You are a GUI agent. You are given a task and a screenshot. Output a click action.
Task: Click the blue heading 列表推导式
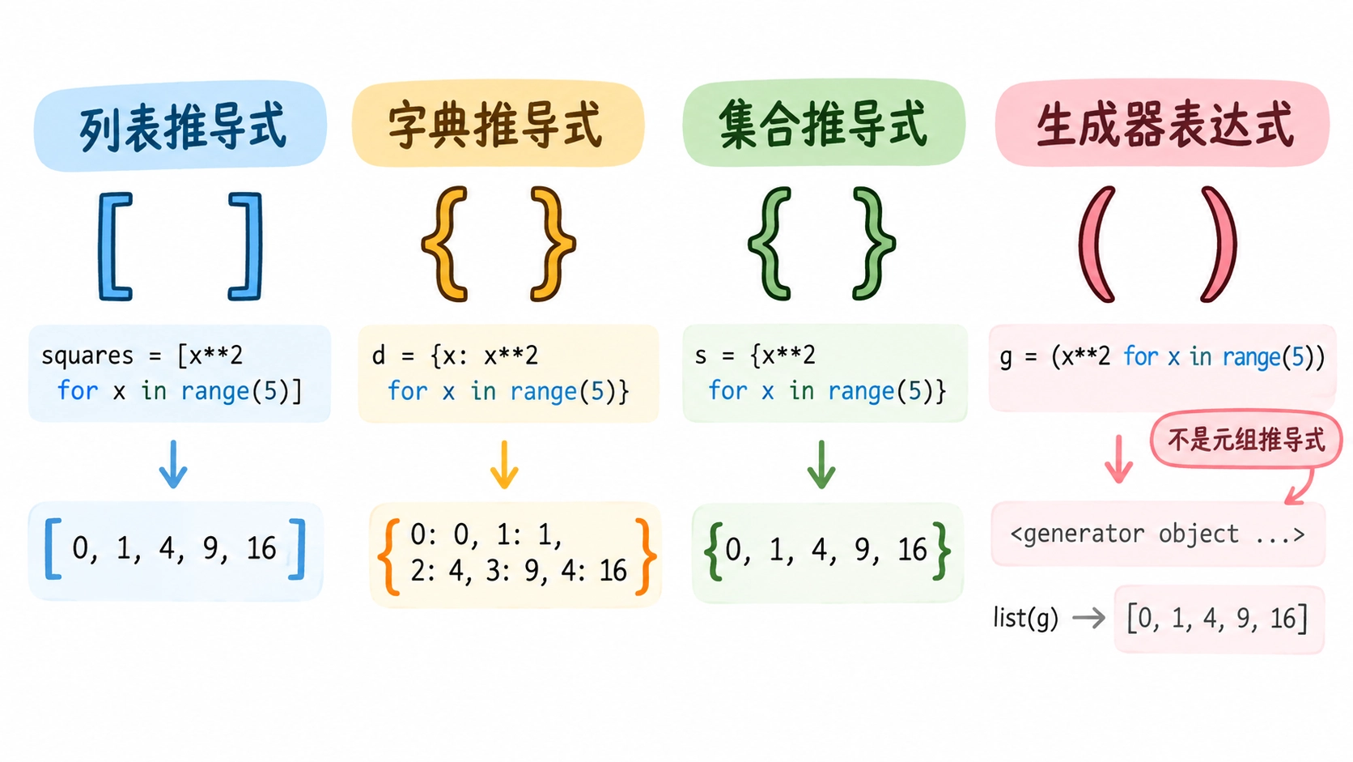pos(182,126)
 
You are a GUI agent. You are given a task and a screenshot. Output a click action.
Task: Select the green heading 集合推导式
pos(823,124)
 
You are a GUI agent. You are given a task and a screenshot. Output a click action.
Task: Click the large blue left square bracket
pos(112,246)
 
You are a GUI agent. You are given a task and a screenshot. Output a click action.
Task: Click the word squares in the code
pos(87,356)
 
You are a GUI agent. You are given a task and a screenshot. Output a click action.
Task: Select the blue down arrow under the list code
pos(173,464)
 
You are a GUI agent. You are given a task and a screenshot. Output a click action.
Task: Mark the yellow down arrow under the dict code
pos(504,464)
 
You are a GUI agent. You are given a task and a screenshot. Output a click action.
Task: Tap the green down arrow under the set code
pos(821,464)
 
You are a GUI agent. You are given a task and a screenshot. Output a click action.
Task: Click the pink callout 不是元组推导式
pos(1247,440)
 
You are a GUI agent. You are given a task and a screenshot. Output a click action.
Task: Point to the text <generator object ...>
pos(1157,534)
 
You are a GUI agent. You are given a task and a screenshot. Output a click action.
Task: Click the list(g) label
pos(1025,618)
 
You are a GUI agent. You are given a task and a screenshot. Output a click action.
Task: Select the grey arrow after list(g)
pos(1088,618)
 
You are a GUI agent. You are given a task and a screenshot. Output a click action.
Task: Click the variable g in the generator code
pos(1006,359)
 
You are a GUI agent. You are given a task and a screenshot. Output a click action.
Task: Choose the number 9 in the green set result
pos(864,550)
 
